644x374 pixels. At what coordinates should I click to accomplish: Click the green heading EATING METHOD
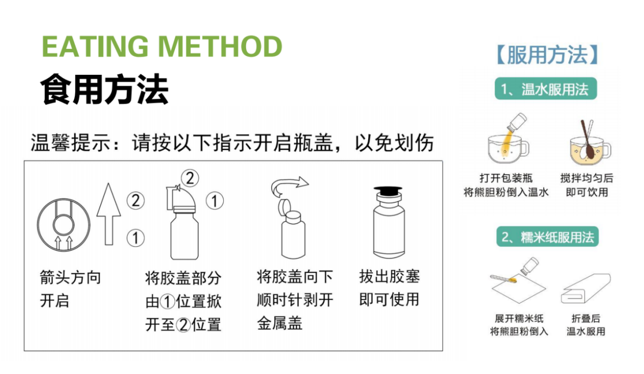click(162, 46)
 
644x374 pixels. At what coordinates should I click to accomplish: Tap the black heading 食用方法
click(104, 89)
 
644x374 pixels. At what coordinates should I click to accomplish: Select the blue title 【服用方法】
click(547, 55)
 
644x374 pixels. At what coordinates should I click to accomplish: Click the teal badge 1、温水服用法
click(546, 89)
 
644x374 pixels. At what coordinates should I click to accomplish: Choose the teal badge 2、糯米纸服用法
click(547, 236)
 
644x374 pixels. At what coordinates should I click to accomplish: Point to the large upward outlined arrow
click(109, 214)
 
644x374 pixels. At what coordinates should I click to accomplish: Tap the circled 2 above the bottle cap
click(190, 178)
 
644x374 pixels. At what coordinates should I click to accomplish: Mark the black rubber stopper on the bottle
click(387, 191)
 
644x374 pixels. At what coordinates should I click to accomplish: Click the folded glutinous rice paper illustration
click(586, 288)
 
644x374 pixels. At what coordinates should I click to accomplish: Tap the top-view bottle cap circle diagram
click(63, 225)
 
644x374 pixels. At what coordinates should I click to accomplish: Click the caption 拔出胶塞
click(390, 277)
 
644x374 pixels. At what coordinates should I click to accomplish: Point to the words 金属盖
click(279, 323)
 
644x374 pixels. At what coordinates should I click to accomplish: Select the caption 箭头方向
click(71, 278)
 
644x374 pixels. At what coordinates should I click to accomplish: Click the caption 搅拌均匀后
click(587, 178)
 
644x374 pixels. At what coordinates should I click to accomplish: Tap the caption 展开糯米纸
click(519, 318)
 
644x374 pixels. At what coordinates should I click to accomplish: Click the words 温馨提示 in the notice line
click(71, 142)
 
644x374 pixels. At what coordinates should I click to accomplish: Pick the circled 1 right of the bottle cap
click(214, 201)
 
